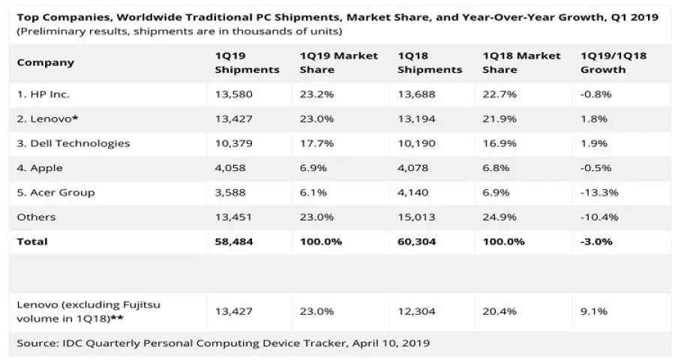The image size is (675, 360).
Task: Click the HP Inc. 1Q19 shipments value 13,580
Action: pos(229,94)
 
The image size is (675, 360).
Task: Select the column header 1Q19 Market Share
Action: pos(338,63)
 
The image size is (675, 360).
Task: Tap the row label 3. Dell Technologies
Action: pos(73,143)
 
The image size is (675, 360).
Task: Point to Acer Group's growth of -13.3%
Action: pos(599,192)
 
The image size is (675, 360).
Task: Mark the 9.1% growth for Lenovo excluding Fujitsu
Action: pos(592,310)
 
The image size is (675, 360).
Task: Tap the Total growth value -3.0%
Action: pos(596,241)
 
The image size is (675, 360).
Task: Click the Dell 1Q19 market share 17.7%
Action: pos(314,143)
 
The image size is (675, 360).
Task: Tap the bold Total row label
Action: pos(32,241)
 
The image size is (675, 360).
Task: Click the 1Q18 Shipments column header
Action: pos(430,63)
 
